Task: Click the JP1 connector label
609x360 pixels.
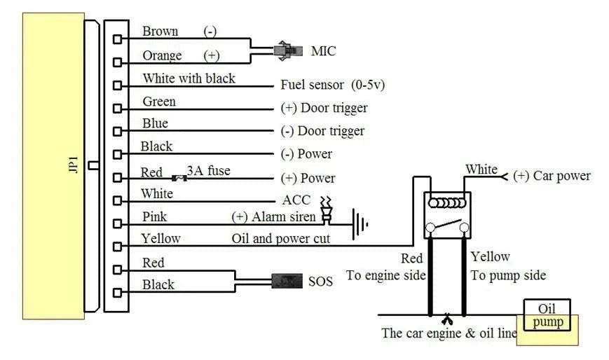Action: tap(74, 165)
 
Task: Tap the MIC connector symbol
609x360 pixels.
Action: tap(288, 50)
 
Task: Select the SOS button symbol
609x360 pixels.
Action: tap(287, 281)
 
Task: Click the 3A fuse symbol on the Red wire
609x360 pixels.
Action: tap(179, 179)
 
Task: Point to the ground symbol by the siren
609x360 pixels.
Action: tap(360, 224)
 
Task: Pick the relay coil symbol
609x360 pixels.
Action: tap(446, 202)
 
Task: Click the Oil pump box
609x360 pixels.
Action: tap(547, 315)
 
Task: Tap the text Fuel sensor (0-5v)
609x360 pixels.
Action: tap(332, 85)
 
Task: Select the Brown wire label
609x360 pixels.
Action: tap(160, 31)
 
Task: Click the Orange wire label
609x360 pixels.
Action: tap(162, 55)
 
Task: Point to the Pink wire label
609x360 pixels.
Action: tap(154, 216)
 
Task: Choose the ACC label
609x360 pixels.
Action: tap(296, 200)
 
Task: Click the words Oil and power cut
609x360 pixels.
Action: tap(281, 238)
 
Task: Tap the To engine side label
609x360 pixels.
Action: tap(385, 275)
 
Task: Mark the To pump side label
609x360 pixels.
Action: tap(508, 275)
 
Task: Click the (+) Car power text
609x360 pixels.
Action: tap(552, 176)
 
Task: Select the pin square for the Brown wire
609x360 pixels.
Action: tap(117, 39)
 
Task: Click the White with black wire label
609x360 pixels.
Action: tap(189, 78)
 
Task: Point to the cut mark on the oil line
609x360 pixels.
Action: tap(447, 319)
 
